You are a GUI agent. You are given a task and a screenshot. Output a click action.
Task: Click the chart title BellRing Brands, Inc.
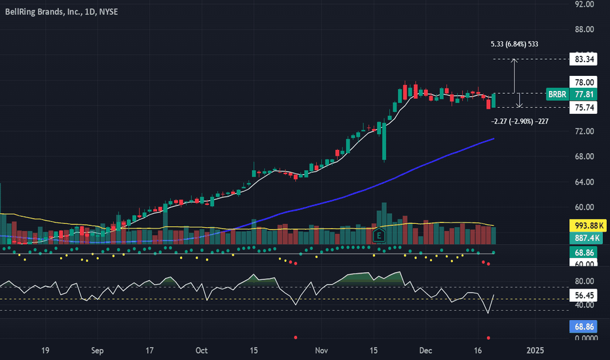click(43, 12)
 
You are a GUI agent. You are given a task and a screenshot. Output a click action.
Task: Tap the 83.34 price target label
click(583, 59)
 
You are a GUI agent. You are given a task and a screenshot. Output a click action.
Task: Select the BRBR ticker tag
click(557, 94)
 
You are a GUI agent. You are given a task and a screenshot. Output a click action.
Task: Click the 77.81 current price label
click(584, 94)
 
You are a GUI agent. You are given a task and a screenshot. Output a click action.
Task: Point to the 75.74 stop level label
click(583, 107)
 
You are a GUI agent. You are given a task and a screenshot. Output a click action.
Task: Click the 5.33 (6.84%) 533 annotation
click(514, 44)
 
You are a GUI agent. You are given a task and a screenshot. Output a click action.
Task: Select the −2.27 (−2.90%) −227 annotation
click(520, 122)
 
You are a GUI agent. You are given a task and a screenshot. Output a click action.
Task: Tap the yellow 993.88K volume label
click(588, 226)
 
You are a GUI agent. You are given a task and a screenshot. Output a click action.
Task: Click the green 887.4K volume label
click(586, 238)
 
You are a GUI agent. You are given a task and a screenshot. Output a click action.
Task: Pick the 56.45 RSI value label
click(583, 295)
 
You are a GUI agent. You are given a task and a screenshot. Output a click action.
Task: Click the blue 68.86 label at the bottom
click(583, 327)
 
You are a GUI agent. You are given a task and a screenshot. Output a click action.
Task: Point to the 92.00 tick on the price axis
click(584, 5)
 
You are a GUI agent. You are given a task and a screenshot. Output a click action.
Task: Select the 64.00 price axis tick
click(584, 182)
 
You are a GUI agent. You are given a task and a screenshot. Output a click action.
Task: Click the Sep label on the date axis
click(98, 350)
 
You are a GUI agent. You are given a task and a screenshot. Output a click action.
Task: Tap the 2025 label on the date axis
click(535, 350)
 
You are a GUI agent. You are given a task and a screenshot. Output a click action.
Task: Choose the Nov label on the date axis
click(321, 350)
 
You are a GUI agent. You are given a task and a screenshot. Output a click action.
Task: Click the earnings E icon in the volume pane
click(378, 236)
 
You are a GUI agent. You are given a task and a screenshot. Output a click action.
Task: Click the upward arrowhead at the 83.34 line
click(514, 60)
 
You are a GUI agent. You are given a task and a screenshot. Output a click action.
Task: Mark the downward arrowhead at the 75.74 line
click(519, 106)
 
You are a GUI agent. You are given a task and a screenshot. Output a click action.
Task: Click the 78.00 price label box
click(583, 82)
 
